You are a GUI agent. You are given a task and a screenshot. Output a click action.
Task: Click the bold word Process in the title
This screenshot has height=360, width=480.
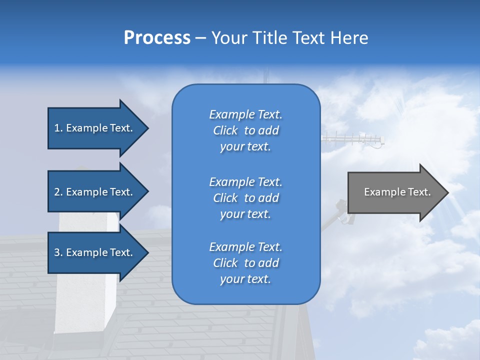(x=157, y=38)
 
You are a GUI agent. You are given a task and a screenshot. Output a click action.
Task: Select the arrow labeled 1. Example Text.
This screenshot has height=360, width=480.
(x=95, y=128)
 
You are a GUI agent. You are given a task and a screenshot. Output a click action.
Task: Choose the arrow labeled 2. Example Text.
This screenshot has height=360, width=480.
(x=95, y=192)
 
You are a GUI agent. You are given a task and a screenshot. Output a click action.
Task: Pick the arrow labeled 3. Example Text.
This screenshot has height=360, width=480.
(x=95, y=252)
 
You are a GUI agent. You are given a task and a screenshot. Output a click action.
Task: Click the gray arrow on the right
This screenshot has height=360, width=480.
(x=395, y=192)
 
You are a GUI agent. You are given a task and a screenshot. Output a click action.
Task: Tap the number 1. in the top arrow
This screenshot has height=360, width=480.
(x=58, y=128)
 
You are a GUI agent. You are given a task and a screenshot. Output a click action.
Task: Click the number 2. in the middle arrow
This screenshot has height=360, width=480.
(x=58, y=192)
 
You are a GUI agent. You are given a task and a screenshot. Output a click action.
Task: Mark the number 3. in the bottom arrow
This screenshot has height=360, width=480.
(x=58, y=252)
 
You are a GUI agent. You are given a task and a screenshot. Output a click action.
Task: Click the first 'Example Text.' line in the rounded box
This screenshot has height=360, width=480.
(x=245, y=114)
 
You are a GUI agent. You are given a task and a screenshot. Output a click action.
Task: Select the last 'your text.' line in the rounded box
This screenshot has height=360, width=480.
(x=245, y=279)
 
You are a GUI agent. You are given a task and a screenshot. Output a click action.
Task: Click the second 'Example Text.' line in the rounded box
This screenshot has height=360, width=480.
(x=245, y=182)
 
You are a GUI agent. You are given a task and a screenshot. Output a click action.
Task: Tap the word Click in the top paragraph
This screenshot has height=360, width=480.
(x=225, y=130)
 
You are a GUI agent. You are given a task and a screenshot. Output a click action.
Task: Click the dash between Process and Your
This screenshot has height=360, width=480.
(x=201, y=38)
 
